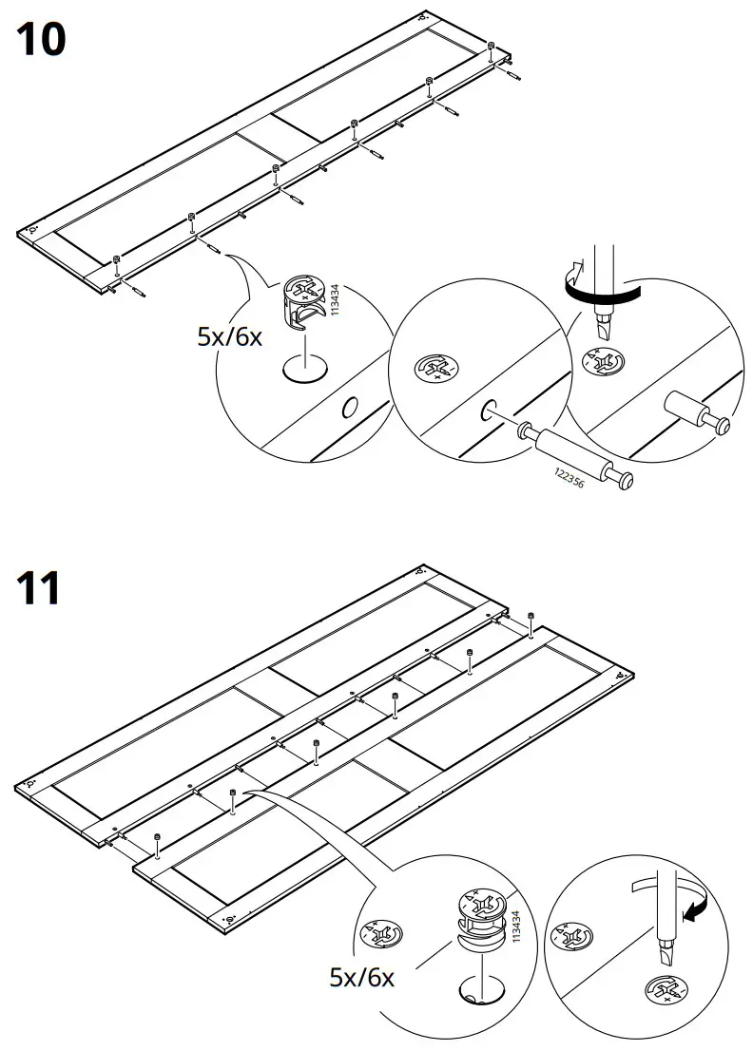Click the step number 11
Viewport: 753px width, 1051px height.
tap(39, 588)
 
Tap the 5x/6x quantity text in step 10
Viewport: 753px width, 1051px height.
tap(229, 336)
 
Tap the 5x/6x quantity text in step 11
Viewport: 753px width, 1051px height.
tap(360, 978)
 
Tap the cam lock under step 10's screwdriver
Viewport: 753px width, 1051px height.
tap(605, 363)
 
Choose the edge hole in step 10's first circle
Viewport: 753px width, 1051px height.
tap(349, 410)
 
